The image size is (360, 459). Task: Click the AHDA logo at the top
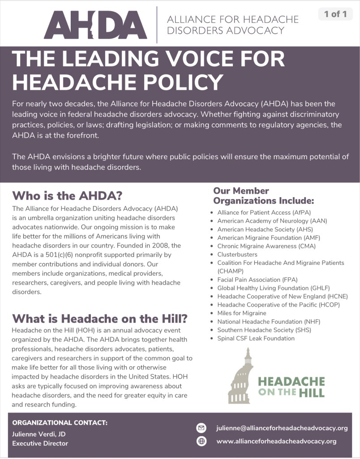pos(95,25)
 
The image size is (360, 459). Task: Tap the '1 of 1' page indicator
pos(335,14)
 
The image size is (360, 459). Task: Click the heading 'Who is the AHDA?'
pos(67,196)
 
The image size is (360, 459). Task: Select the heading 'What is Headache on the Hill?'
pos(99,319)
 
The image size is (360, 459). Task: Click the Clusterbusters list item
pos(237,254)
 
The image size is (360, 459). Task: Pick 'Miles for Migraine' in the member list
pos(242,313)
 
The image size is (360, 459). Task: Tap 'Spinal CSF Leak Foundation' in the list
pos(256,338)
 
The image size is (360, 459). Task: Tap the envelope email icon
pos(201,428)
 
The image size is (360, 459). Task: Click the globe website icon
pos(201,441)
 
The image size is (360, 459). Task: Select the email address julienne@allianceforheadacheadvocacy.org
pos(282,428)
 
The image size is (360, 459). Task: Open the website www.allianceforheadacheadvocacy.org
pos(276,441)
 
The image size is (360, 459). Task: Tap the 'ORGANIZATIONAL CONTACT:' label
pos(60,423)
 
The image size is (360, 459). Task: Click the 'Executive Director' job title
pos(40,443)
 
